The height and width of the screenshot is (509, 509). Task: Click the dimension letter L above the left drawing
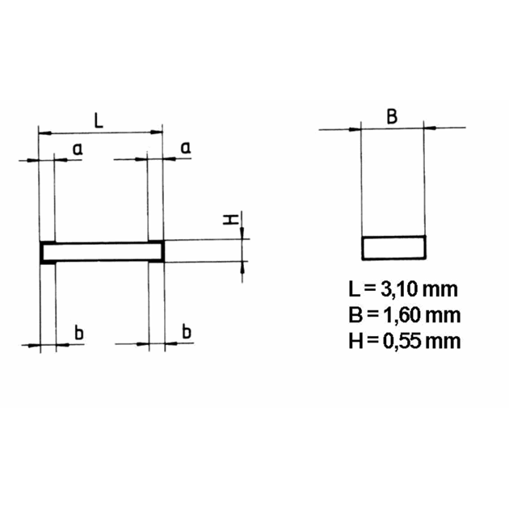click(x=99, y=120)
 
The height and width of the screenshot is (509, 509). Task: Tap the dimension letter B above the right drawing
click(x=392, y=117)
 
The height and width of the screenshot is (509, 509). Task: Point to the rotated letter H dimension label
click(x=231, y=221)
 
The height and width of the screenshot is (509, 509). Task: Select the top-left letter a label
click(x=78, y=149)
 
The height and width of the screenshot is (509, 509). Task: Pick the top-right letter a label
click(x=186, y=148)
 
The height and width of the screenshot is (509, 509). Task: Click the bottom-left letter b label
click(x=79, y=332)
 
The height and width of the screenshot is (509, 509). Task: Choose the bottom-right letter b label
click(x=187, y=331)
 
